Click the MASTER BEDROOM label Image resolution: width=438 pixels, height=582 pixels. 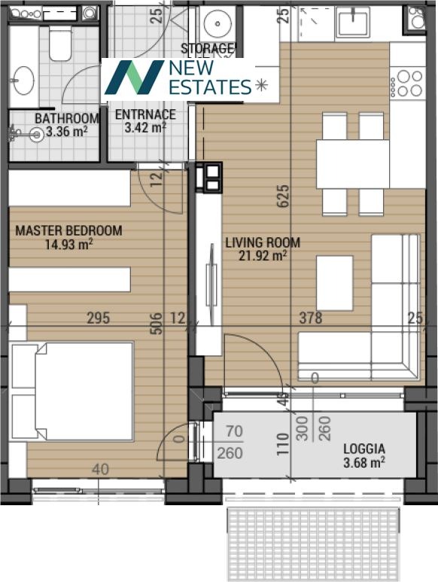[x=68, y=230]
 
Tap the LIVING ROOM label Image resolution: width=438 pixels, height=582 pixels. [x=263, y=242]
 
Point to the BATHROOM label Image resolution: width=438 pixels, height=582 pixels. [x=66, y=118]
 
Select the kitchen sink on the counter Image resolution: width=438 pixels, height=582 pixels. [x=352, y=23]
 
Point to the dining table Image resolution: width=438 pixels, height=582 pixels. [x=352, y=163]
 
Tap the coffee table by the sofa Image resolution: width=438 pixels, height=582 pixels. [x=334, y=282]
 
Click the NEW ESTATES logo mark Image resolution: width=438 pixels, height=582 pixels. [x=134, y=78]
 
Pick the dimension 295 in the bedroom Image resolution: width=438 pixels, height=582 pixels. [x=96, y=318]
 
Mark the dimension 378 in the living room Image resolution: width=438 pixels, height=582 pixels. [x=309, y=318]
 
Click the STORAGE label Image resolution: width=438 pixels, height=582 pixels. [x=208, y=49]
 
